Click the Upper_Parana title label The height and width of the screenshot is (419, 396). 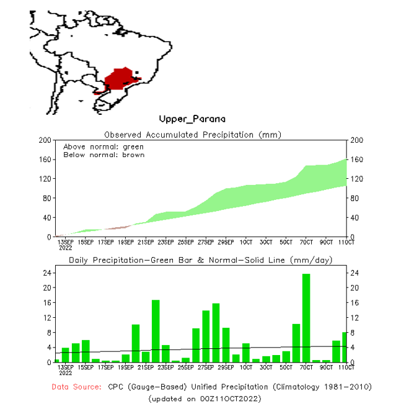coord(191,119)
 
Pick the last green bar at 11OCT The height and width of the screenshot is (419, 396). coord(345,347)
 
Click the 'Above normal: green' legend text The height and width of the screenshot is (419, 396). coord(103,146)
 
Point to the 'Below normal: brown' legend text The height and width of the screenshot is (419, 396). coord(104,155)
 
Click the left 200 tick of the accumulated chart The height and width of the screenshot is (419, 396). coord(44,140)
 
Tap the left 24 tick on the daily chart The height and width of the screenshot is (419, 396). coord(46,273)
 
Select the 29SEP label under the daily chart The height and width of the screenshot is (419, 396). coord(226,367)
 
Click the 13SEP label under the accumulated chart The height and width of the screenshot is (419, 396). coord(66,241)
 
